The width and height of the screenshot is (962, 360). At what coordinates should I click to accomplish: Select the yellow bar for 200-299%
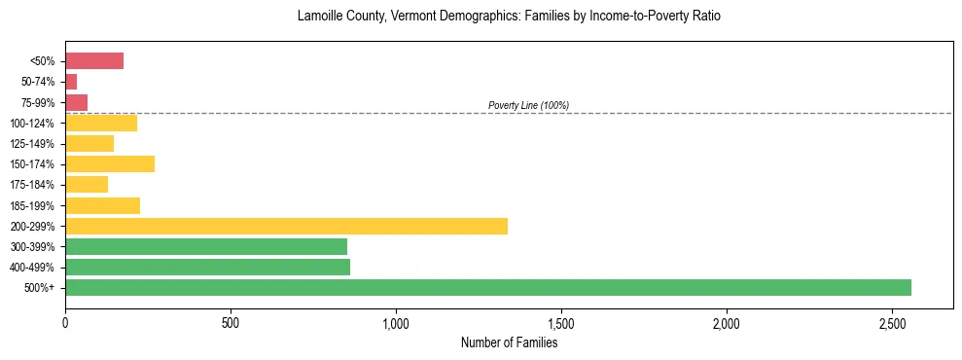[286, 226]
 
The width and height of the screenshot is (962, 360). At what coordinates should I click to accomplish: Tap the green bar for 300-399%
[206, 246]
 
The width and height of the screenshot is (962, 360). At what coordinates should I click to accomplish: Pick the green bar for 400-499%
[207, 267]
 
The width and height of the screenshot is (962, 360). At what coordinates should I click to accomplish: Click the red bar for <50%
[94, 61]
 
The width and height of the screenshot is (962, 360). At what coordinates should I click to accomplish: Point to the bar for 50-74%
[71, 82]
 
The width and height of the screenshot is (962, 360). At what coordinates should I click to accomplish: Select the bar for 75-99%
[76, 102]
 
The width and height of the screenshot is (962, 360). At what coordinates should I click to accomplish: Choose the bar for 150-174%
[110, 163]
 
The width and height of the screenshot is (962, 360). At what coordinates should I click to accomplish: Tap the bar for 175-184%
[87, 184]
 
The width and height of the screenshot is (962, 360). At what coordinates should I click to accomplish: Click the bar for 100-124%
[101, 123]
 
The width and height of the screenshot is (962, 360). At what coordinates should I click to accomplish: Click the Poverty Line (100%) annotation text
[528, 105]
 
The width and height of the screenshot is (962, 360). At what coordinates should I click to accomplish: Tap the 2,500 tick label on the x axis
[892, 322]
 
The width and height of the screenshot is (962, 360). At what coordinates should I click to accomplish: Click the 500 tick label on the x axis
[231, 322]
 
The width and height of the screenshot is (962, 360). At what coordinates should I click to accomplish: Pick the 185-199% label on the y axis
[33, 205]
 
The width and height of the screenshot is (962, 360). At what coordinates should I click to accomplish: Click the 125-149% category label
[33, 144]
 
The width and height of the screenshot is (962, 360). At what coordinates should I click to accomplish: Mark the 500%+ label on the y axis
[40, 288]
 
